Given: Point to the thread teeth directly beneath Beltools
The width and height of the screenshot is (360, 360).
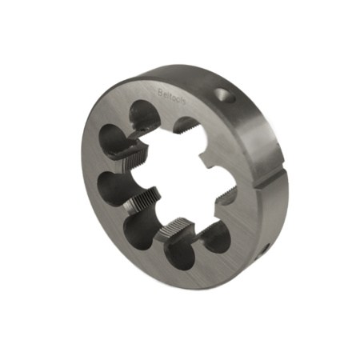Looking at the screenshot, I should click(186, 126).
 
